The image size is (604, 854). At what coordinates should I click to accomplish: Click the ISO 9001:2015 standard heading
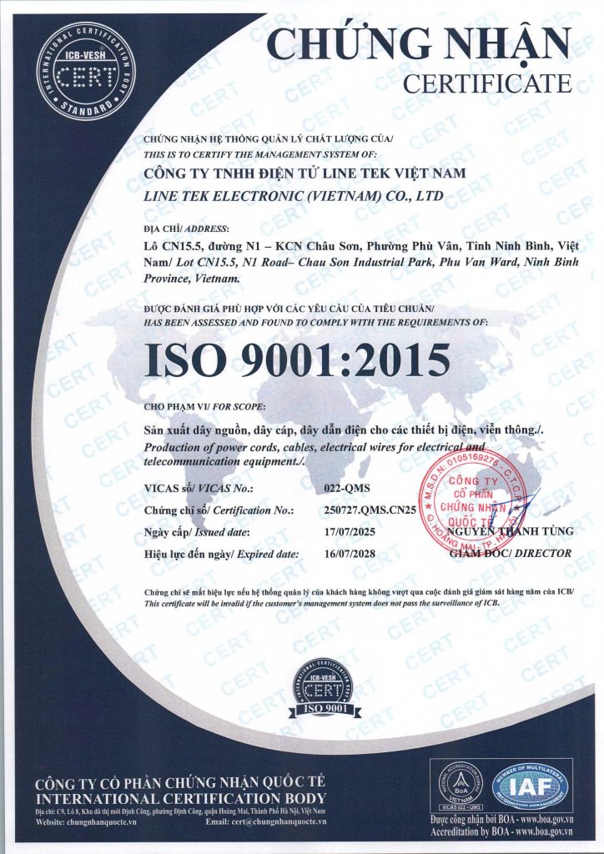298,359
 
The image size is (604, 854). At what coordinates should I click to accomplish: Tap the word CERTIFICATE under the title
487,83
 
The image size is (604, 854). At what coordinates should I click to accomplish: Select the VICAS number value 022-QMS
343,489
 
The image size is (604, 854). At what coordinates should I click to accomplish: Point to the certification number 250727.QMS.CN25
373,510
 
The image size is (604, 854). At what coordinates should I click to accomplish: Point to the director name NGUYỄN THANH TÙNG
510,531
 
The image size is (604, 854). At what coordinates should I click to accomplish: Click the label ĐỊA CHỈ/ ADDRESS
186,229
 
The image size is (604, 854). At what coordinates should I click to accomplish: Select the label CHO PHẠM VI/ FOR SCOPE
204,406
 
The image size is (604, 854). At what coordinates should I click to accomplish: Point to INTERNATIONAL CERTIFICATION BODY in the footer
179,797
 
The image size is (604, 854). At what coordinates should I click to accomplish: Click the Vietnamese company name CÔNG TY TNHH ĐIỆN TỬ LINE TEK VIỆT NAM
305,173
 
